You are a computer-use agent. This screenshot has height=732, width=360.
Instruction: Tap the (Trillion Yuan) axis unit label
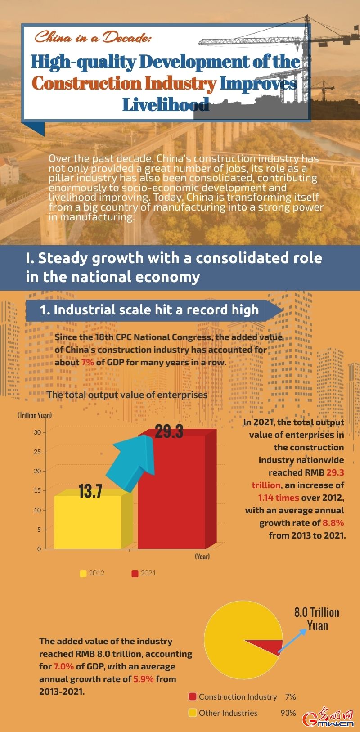pyautogui.click(x=35, y=415)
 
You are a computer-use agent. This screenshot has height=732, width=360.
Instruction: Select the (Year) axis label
pyautogui.click(x=202, y=557)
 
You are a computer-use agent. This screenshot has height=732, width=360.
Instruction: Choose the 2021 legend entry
pyautogui.click(x=144, y=573)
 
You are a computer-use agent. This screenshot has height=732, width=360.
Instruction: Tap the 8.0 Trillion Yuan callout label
pyautogui.click(x=317, y=619)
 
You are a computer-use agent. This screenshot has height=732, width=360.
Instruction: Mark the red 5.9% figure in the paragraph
pyautogui.click(x=144, y=679)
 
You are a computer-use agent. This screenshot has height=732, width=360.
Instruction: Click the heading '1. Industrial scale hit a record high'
pyautogui.click(x=149, y=310)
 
